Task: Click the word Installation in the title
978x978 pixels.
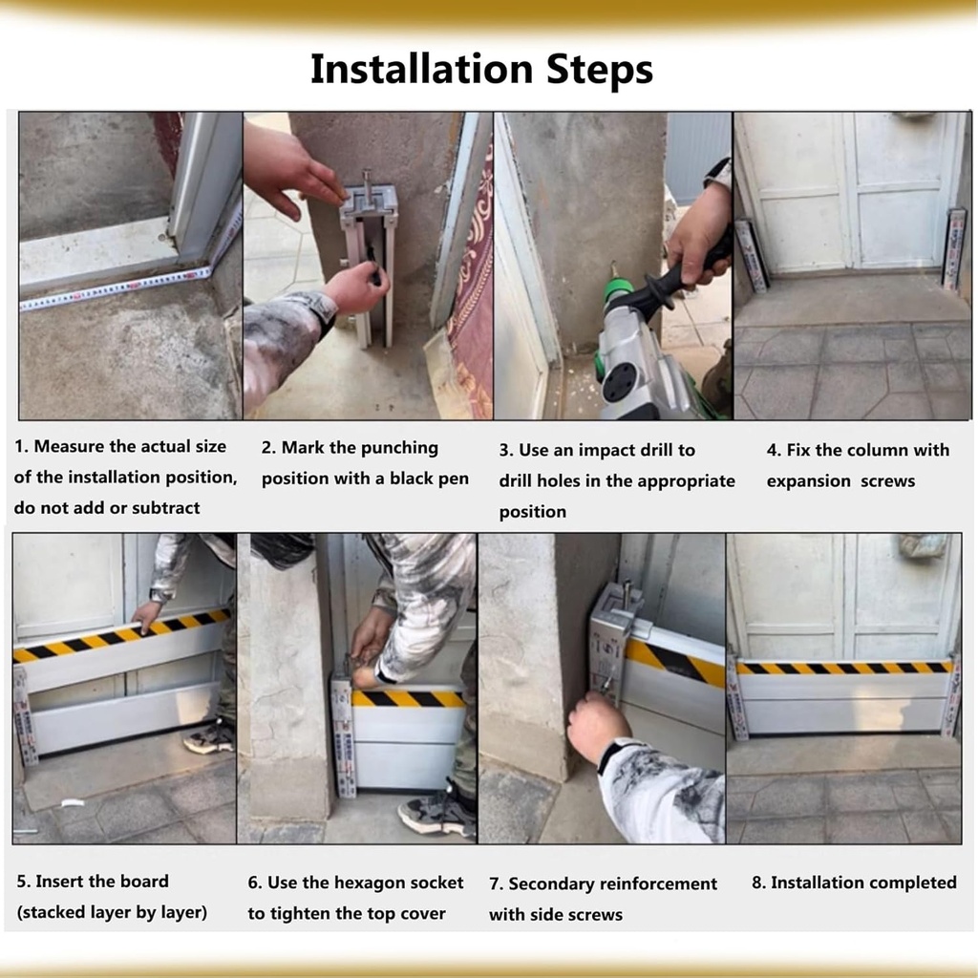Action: point(420,70)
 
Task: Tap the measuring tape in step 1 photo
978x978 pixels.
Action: point(115,288)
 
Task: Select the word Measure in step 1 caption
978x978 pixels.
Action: point(85,447)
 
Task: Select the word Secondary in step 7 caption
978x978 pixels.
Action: point(548,884)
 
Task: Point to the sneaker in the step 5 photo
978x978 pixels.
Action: point(210,736)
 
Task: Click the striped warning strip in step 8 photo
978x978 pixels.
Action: point(845,667)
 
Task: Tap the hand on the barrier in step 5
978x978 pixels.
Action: point(146,615)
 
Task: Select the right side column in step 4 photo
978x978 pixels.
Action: point(952,249)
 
